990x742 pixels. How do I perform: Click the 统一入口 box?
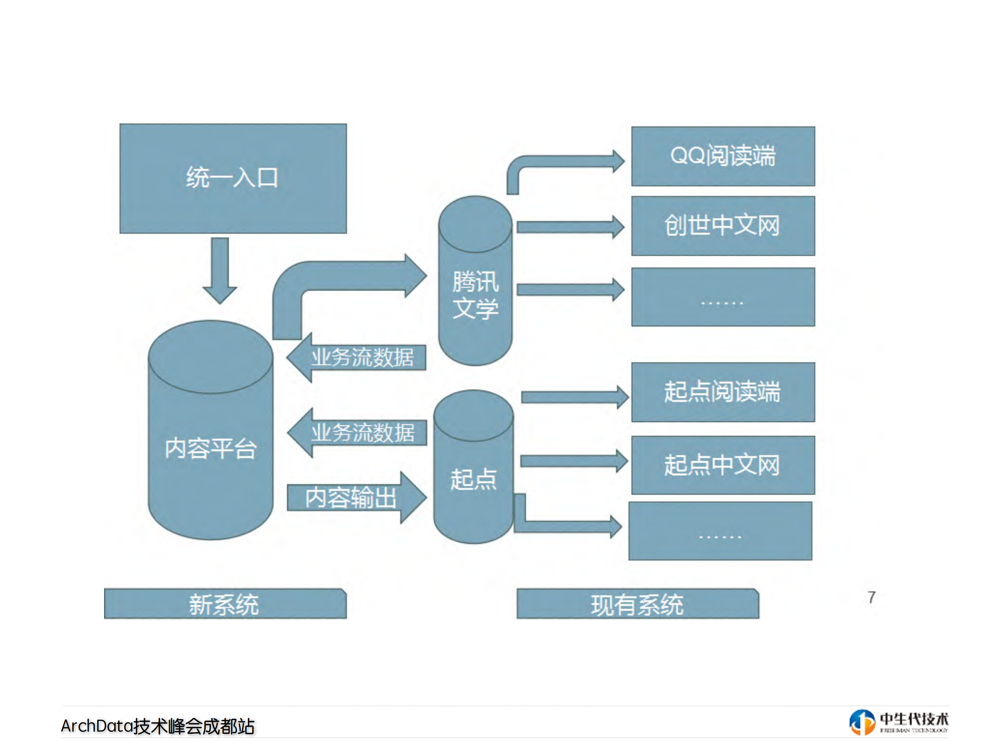coord(233,178)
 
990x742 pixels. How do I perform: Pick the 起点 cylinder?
coord(474,478)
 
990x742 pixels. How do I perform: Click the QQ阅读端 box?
coord(722,156)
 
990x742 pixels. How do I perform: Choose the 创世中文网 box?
coord(722,225)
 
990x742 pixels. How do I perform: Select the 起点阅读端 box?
coord(722,392)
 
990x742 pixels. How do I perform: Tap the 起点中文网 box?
coord(722,465)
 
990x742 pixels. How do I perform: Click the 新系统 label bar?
coord(225,604)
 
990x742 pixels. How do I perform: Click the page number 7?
coord(871,597)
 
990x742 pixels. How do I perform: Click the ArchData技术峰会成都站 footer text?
coord(157,726)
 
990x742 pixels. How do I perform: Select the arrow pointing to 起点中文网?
coord(573,461)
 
